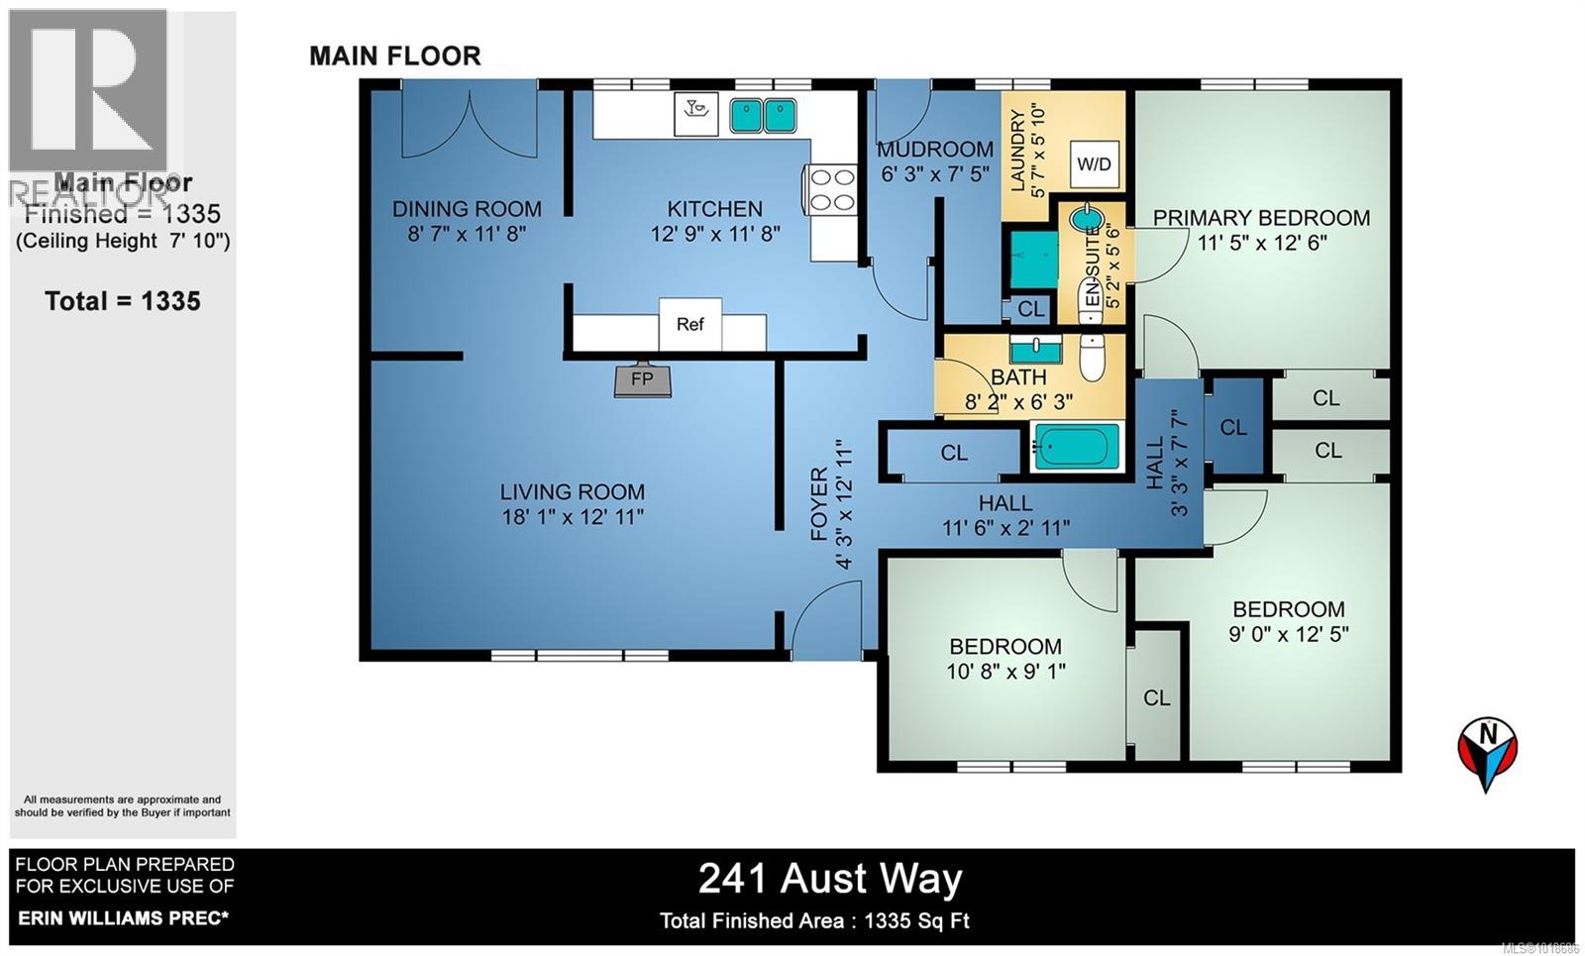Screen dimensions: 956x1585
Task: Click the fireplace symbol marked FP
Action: (642, 380)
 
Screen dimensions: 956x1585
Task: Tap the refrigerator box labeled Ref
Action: (690, 324)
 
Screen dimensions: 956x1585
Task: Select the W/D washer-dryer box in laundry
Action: (1094, 164)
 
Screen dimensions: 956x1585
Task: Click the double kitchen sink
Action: (764, 116)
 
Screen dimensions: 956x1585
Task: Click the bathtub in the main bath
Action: (1077, 446)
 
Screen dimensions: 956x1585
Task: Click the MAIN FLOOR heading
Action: (395, 55)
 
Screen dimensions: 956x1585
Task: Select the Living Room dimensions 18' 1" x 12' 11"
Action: (573, 516)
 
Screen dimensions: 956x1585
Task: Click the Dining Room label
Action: (467, 209)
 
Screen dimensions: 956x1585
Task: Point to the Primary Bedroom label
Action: (1261, 218)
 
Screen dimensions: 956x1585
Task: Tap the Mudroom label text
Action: (935, 150)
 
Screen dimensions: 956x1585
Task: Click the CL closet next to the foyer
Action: (954, 453)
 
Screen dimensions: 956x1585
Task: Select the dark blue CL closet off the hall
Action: (1233, 427)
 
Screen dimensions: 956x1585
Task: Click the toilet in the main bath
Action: (1092, 359)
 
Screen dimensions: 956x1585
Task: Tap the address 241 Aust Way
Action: (830, 879)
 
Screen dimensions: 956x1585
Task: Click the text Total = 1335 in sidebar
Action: (123, 301)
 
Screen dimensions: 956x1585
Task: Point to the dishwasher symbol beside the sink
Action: (696, 113)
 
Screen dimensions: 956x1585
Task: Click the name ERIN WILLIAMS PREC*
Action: (122, 918)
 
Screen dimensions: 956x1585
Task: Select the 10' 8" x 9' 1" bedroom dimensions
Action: (1005, 671)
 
